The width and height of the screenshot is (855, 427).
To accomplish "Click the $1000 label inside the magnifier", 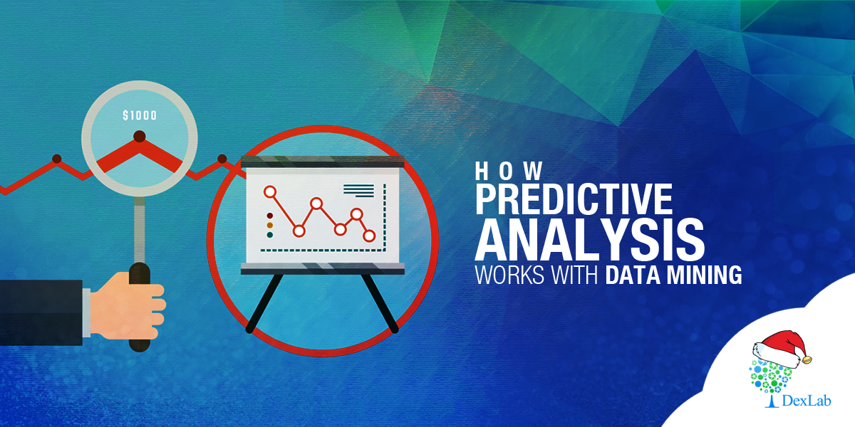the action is [140, 115].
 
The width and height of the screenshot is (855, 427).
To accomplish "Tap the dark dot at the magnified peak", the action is [140, 137].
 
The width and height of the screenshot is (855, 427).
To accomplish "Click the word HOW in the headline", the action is [509, 172].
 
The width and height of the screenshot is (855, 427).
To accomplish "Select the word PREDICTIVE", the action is [574, 199].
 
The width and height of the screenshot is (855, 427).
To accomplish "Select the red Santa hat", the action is [781, 349].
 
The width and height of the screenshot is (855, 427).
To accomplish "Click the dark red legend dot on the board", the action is [270, 216].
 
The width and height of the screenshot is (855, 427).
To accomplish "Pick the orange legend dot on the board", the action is [270, 226].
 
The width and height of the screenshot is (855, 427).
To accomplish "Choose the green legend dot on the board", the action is [270, 235].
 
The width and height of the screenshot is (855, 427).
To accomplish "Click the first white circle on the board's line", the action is [270, 191].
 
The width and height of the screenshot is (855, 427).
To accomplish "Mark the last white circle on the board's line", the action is [369, 236].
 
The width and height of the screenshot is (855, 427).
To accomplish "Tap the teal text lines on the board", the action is [358, 191].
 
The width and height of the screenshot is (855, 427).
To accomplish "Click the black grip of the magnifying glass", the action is [140, 307].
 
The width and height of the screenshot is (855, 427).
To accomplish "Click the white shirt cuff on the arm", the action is [87, 312].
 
